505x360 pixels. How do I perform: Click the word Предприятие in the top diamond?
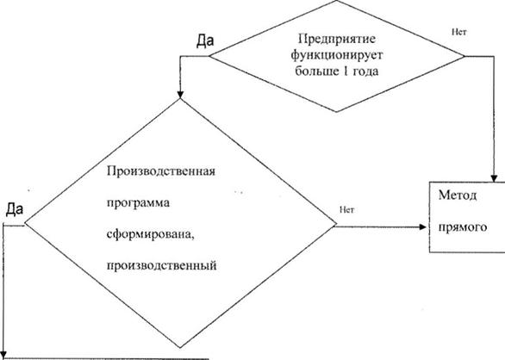click(337, 40)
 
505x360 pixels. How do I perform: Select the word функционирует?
click(337, 55)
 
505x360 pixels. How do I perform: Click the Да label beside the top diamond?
click(205, 40)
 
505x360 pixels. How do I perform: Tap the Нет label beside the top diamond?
click(459, 32)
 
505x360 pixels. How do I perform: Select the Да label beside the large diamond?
click(15, 209)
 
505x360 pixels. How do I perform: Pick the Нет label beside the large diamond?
click(346, 210)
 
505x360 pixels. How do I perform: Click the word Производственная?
click(161, 171)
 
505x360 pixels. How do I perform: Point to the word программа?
click(138, 203)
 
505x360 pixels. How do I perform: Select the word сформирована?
click(151, 234)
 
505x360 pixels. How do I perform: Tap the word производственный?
click(161, 265)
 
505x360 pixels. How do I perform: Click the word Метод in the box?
click(458, 196)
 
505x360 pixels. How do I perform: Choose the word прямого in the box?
click(463, 227)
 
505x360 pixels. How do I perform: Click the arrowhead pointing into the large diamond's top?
click(180, 94)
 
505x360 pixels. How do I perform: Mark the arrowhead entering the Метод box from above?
click(494, 179)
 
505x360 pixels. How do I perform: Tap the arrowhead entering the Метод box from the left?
click(422, 227)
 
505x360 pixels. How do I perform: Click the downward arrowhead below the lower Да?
click(3, 355)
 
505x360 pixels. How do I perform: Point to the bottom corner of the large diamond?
click(180, 348)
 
